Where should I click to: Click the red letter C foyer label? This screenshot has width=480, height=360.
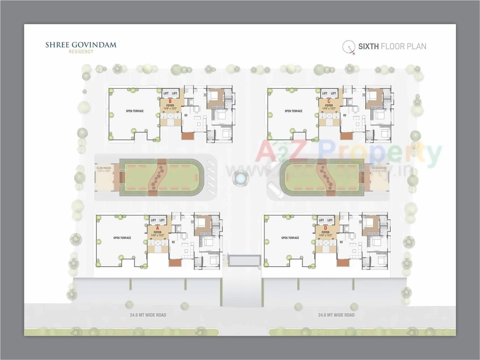coord(329,101)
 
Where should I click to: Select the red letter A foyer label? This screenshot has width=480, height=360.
coord(157,228)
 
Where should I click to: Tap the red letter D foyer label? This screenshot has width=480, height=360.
coord(325,228)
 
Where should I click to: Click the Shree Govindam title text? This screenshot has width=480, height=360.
coord(81,45)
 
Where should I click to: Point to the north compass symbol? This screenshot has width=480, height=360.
coord(349,46)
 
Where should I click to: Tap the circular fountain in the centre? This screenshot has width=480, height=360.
coord(240,178)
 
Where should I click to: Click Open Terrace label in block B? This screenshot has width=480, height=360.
coord(135,111)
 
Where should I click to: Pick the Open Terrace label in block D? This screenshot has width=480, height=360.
coord(290,238)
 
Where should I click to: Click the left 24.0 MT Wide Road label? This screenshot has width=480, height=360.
coord(146,315)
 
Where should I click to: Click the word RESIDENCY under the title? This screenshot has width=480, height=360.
coord(81,52)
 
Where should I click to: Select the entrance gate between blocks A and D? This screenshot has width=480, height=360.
coord(244,260)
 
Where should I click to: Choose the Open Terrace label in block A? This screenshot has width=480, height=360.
coord(122,238)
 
